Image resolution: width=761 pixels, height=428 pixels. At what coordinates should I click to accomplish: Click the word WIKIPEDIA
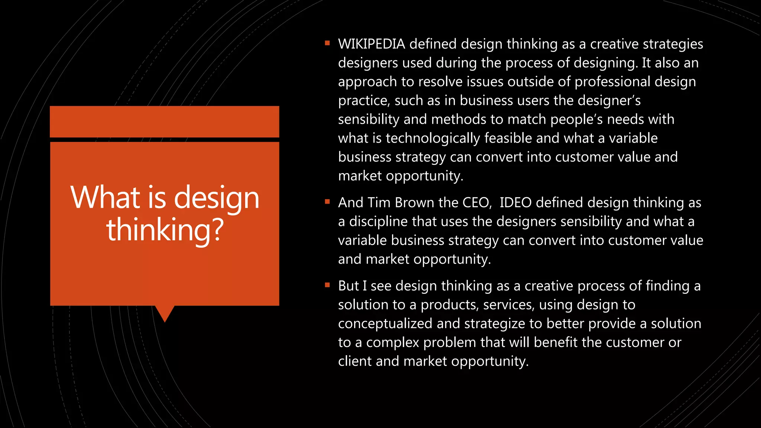[x=371, y=44]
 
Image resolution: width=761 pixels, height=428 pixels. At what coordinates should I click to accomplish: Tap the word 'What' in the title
[x=105, y=197]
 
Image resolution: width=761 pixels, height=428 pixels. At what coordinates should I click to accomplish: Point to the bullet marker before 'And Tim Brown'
[x=327, y=202]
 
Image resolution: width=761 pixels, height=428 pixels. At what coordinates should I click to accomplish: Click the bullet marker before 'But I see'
[x=327, y=285]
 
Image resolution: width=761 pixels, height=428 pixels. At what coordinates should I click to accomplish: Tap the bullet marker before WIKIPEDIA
[x=327, y=43]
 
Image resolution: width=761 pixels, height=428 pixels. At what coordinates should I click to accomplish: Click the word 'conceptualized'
[x=385, y=324]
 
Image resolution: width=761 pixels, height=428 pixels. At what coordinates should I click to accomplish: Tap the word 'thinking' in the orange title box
[x=159, y=230]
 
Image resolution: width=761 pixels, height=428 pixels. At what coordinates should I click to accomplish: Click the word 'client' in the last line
[x=354, y=361]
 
